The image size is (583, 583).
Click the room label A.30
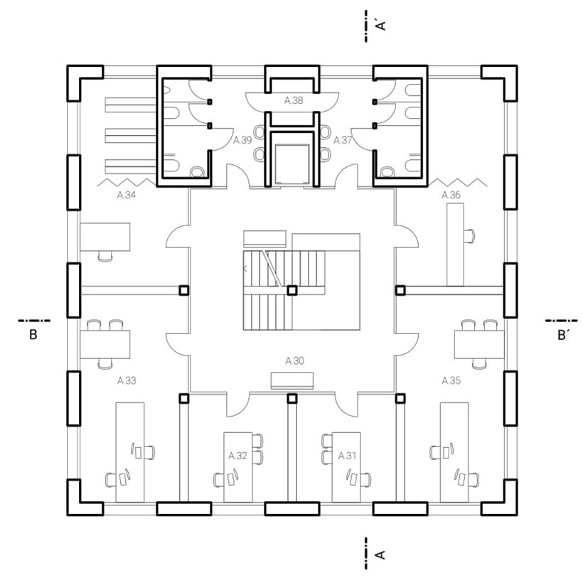point(294,360)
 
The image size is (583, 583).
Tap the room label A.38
point(294,100)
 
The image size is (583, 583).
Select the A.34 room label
point(127,195)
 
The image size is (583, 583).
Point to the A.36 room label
point(451,195)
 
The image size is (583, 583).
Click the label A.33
point(127,381)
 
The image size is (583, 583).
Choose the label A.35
point(451,381)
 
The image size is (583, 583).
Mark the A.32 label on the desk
point(238,456)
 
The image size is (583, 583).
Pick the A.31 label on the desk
point(347,456)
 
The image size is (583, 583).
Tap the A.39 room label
point(242,140)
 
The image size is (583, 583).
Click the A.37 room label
point(343,140)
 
